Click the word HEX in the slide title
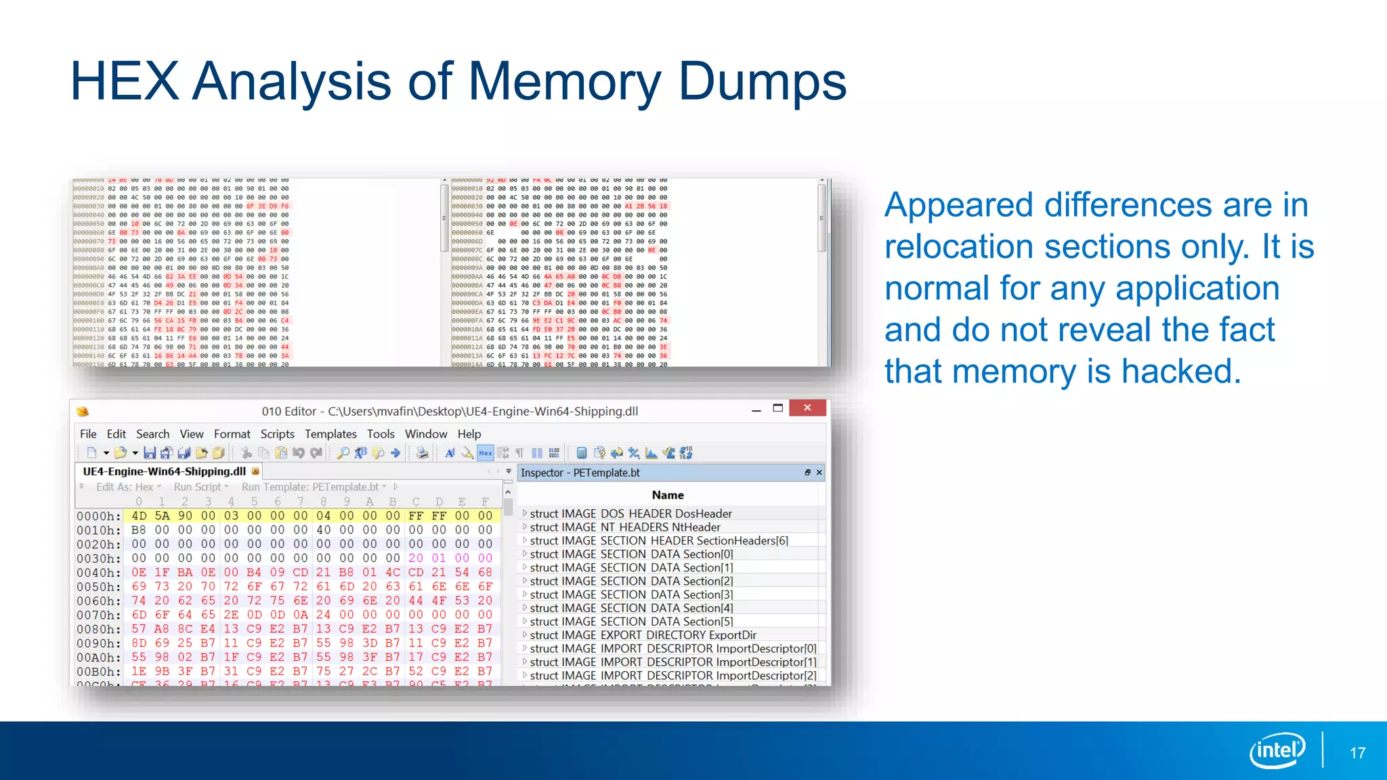[x=125, y=82]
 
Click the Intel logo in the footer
[x=1277, y=750]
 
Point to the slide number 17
[x=1357, y=753]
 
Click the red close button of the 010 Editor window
[x=807, y=408]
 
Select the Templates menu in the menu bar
[x=330, y=434]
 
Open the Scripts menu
[x=277, y=434]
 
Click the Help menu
[x=469, y=434]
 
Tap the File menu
[x=88, y=434]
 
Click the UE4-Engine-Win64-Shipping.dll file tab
[x=165, y=471]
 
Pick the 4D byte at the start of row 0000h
[x=139, y=516]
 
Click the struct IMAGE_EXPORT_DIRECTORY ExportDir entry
[x=643, y=635]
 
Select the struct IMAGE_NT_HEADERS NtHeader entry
[x=624, y=527]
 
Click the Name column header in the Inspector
[x=668, y=495]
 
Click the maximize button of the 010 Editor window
[x=778, y=408]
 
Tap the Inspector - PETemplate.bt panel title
[x=580, y=473]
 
